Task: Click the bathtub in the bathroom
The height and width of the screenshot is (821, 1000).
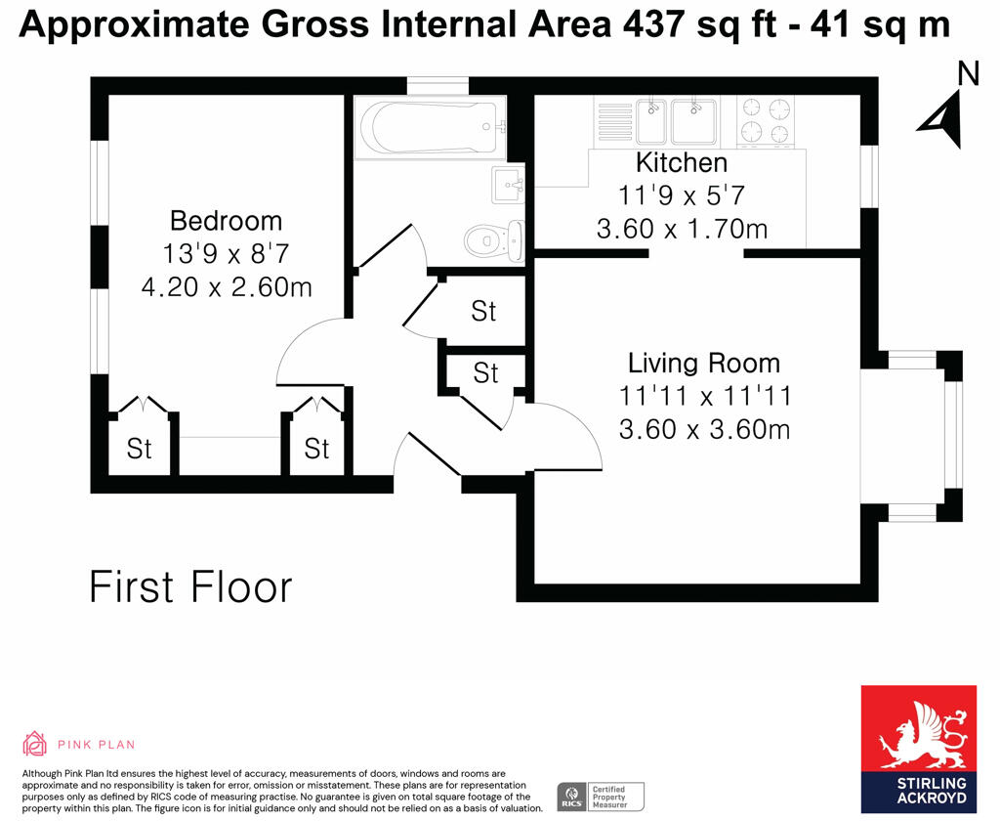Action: click(430, 126)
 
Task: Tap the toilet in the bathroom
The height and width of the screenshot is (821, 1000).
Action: click(492, 238)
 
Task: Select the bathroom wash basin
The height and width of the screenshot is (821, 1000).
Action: click(509, 183)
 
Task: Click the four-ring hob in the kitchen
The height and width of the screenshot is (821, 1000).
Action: click(766, 120)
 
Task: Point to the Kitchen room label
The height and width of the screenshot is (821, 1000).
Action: click(682, 162)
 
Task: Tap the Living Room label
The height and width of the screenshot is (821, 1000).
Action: click(704, 364)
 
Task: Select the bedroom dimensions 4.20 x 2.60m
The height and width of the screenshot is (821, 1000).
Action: click(226, 287)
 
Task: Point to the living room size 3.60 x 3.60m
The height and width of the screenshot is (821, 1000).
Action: click(704, 429)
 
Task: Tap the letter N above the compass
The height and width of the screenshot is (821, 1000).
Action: click(967, 73)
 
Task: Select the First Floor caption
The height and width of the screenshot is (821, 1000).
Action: click(190, 587)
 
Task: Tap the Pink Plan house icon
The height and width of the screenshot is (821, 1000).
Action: click(35, 744)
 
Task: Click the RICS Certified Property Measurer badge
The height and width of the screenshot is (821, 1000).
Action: click(601, 797)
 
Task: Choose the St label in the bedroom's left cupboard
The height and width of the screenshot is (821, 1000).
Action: click(140, 449)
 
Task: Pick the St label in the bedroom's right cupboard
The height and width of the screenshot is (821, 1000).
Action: click(316, 449)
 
